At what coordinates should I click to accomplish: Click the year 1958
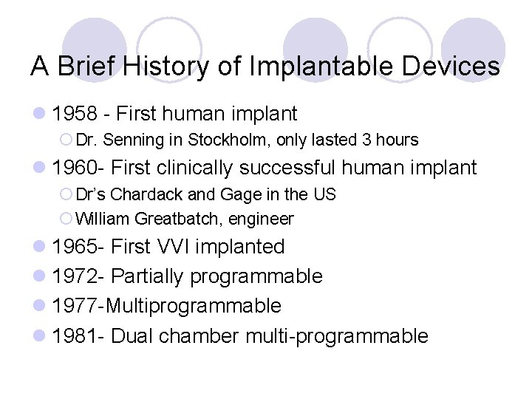[78, 114]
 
